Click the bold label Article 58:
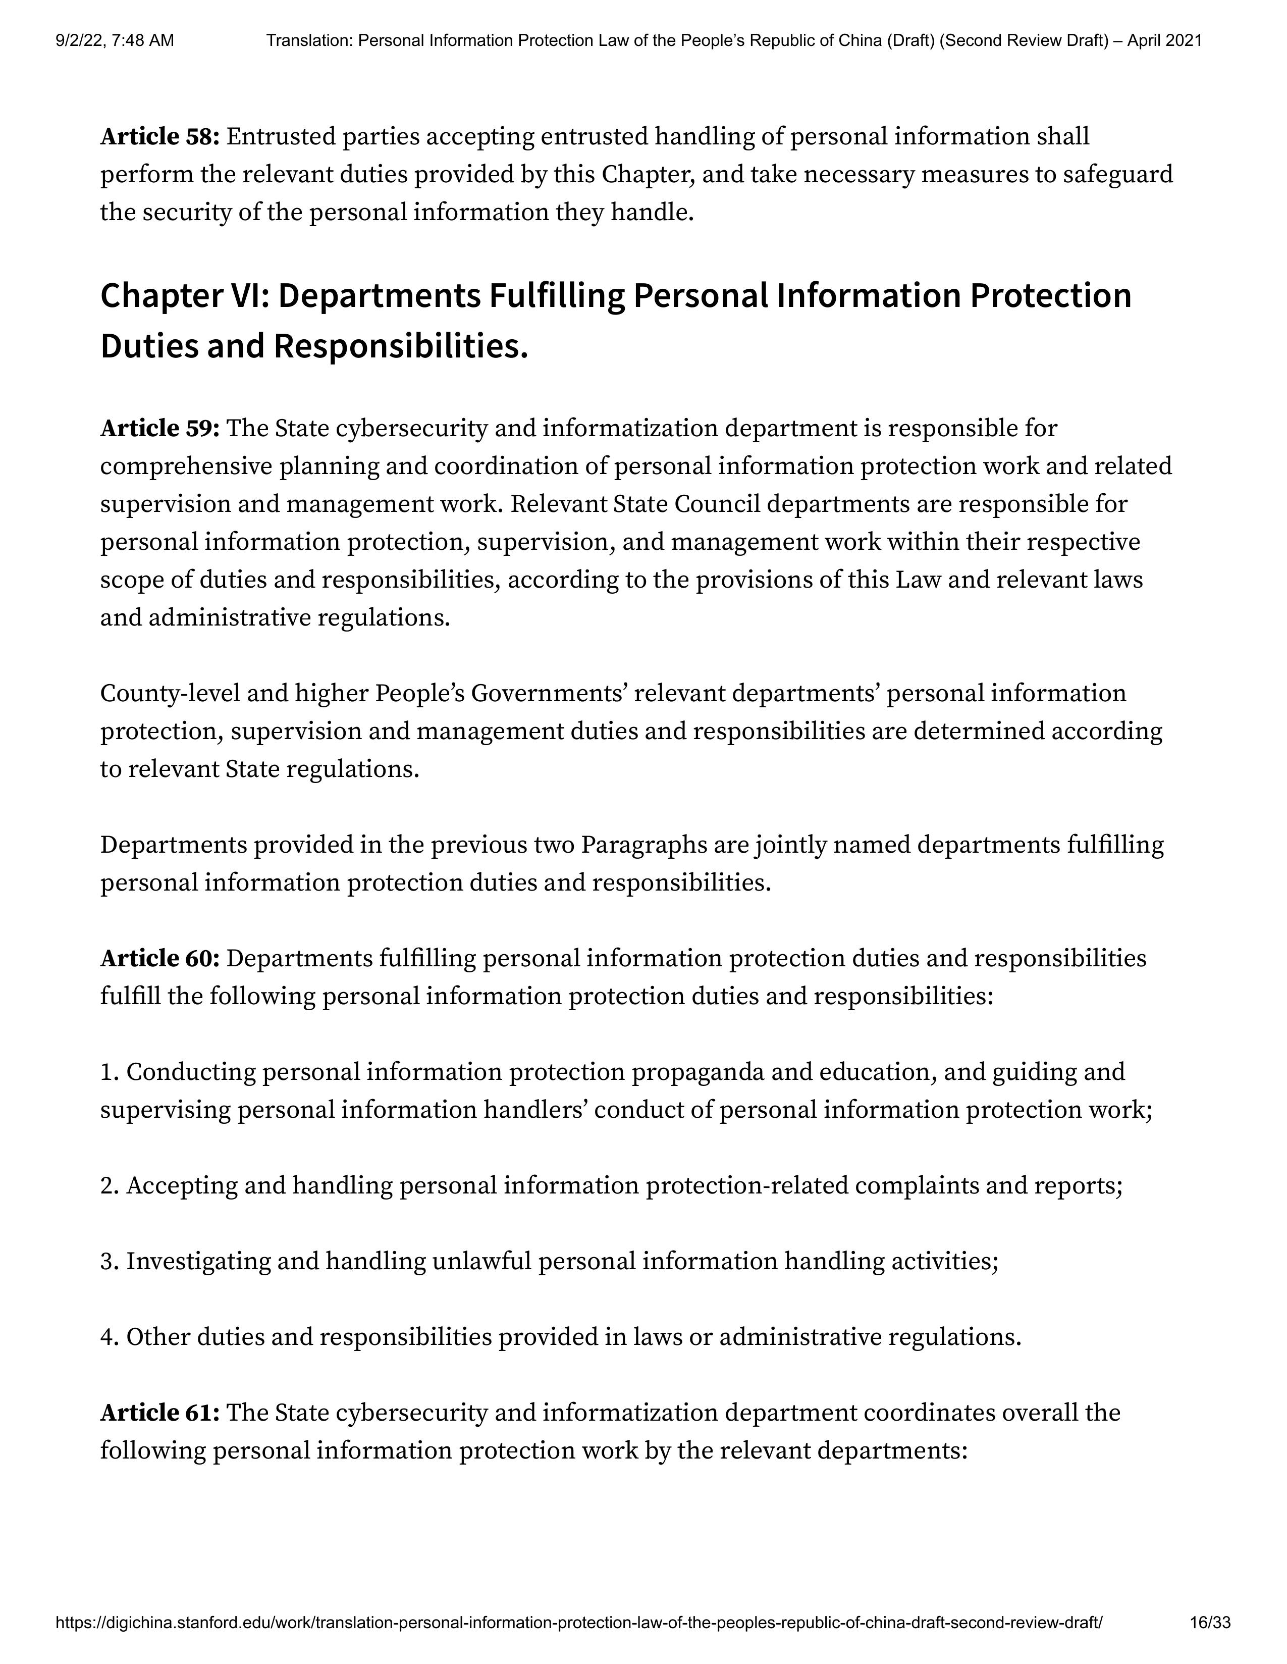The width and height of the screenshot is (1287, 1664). pyautogui.click(x=160, y=137)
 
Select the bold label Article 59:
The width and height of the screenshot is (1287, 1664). pyautogui.click(x=160, y=429)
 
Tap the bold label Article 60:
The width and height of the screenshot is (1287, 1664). pyautogui.click(x=160, y=959)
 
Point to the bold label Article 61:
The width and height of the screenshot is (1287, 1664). pyautogui.click(x=160, y=1413)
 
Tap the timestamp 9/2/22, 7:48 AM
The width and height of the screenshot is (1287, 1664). pyautogui.click(x=114, y=40)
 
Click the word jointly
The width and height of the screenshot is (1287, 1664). pyautogui.click(x=791, y=846)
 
